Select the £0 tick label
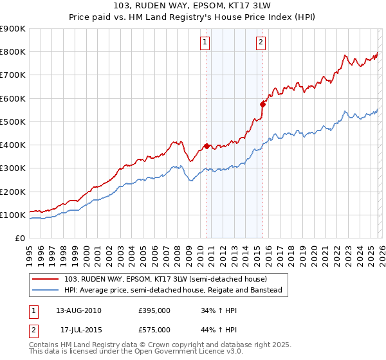[19, 239]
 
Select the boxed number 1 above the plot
[205, 42]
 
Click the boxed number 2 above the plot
[261, 42]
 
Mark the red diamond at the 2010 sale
[207, 146]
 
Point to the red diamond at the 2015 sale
[262, 104]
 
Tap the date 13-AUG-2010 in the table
[78, 310]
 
